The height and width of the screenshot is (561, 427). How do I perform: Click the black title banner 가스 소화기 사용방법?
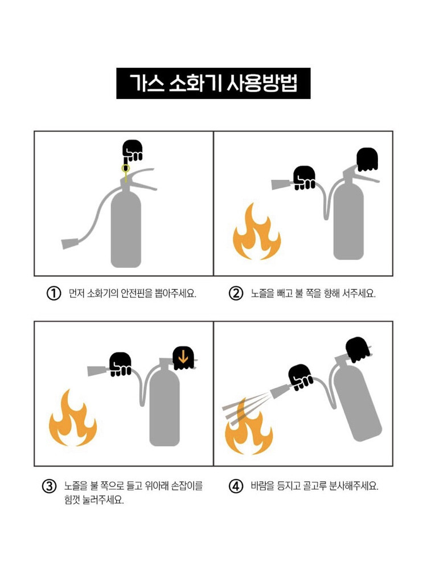(x=213, y=83)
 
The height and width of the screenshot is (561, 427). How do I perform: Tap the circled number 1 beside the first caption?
(x=54, y=294)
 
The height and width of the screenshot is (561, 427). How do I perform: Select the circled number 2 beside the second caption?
(x=236, y=294)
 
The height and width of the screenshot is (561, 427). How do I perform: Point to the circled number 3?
(x=50, y=486)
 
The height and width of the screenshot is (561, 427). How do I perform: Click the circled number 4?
(x=236, y=486)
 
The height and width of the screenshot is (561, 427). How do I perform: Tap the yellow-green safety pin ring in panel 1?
(x=125, y=168)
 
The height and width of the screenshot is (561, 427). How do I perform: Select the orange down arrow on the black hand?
(x=183, y=357)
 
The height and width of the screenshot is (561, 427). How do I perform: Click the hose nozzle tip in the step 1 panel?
(x=69, y=244)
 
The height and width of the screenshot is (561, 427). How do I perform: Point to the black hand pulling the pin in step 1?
(x=132, y=150)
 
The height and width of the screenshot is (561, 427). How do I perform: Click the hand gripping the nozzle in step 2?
(x=305, y=178)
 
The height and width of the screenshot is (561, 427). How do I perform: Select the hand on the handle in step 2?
(x=367, y=159)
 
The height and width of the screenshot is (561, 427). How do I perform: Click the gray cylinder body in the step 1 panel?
(x=126, y=229)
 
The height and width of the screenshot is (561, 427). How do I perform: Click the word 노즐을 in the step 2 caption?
(x=262, y=294)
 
